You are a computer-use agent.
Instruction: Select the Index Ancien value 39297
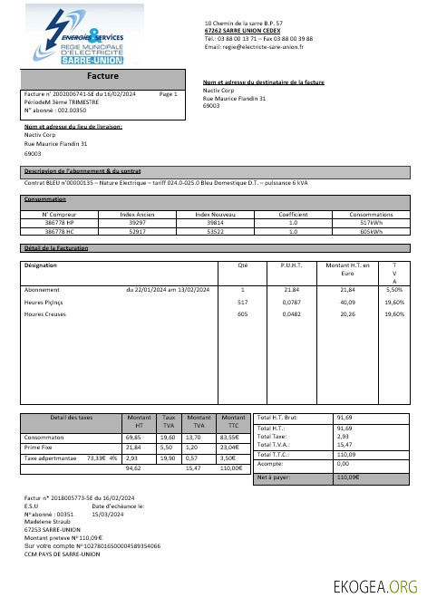point(139,222)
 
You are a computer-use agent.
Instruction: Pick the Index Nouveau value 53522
point(215,231)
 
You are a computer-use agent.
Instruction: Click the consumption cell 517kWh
point(371,222)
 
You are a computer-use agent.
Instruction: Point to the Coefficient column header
point(293,214)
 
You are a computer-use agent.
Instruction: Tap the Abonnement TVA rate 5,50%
point(394,288)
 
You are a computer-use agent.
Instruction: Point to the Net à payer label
point(275,477)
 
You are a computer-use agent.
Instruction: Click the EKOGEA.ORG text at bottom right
point(377,585)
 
